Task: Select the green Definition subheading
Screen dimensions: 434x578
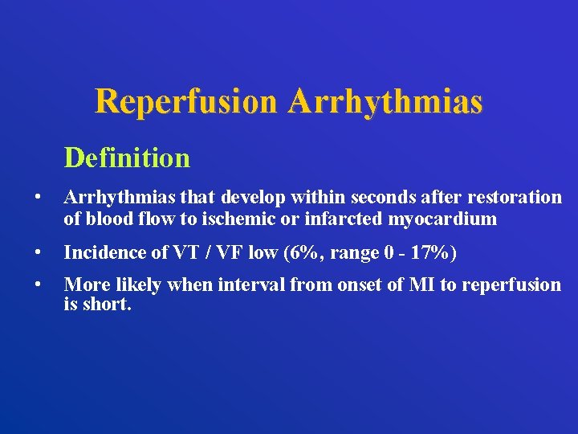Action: tap(127, 158)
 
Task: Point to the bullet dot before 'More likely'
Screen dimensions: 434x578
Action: tap(37, 285)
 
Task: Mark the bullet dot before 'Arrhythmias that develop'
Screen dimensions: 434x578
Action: tap(37, 198)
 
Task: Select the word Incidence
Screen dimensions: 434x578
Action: tap(102, 254)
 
